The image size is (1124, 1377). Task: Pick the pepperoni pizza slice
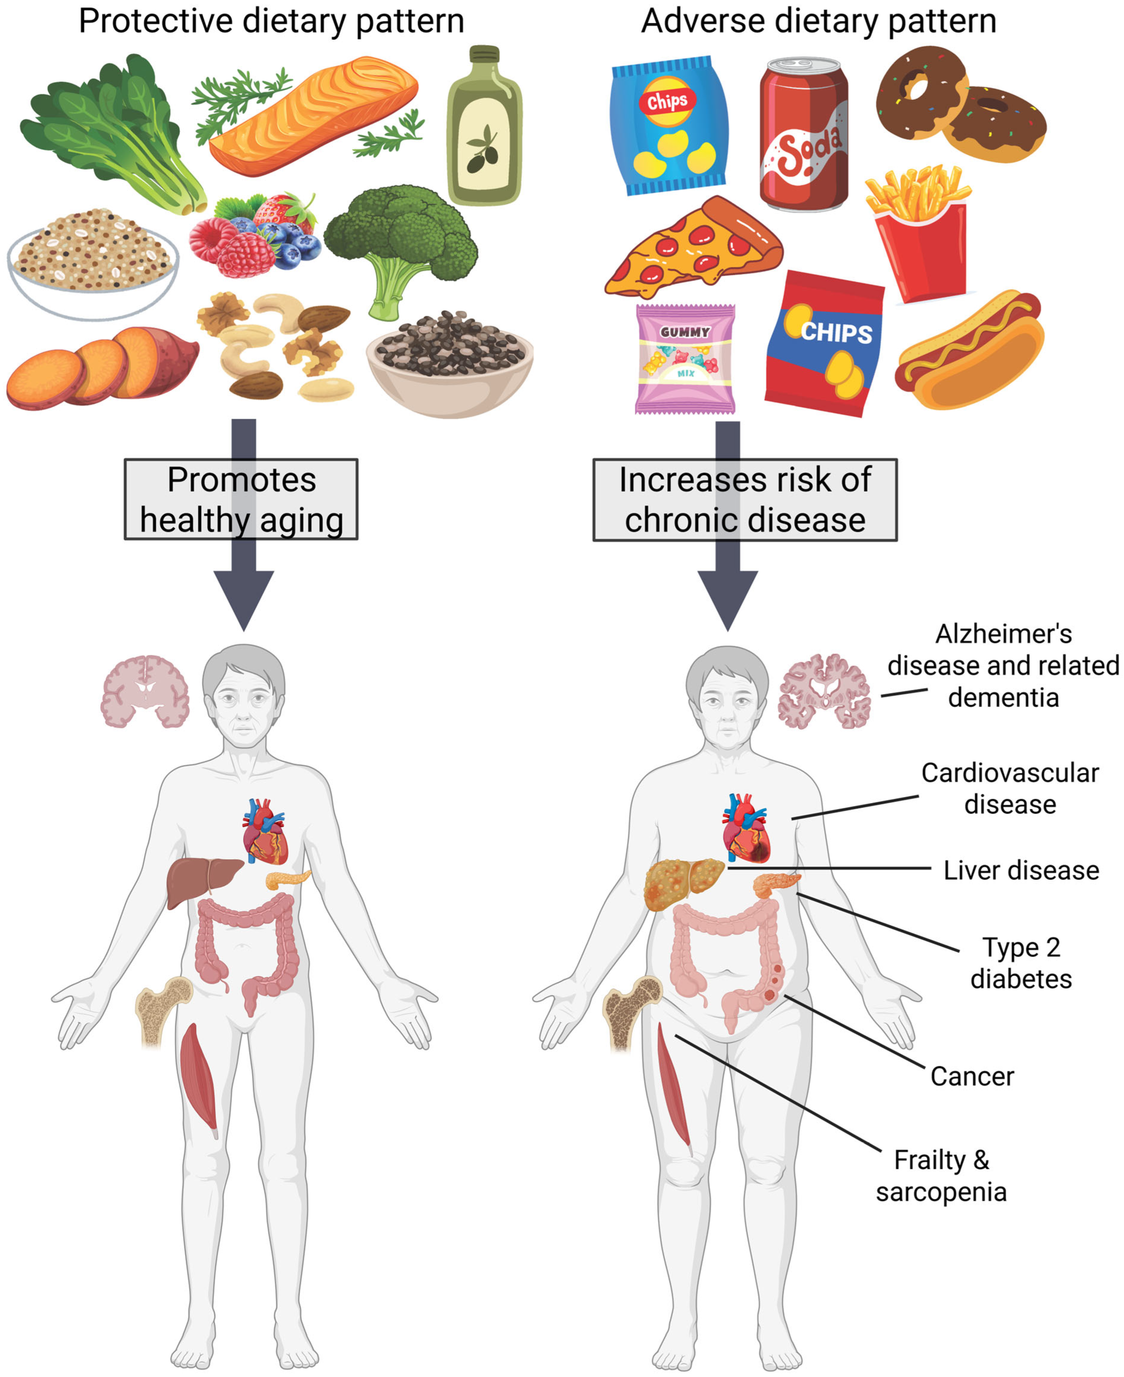(x=693, y=249)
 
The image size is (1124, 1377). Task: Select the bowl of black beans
(x=450, y=363)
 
